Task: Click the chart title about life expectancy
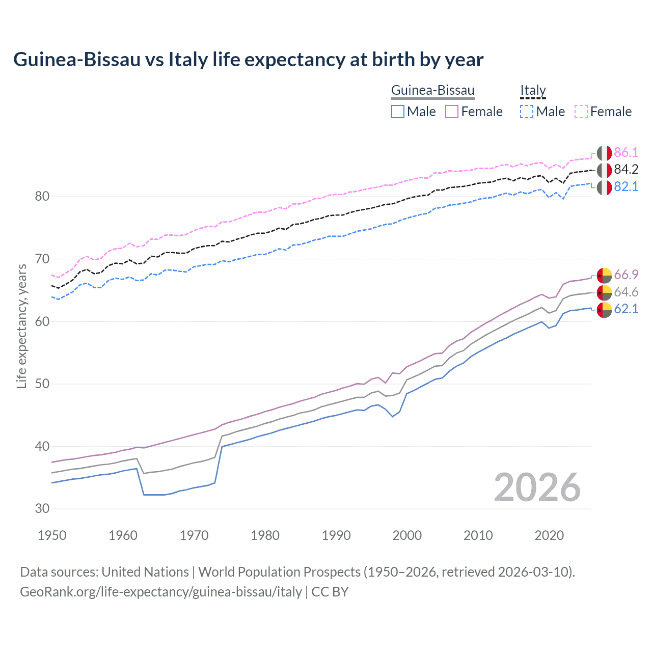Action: tap(248, 60)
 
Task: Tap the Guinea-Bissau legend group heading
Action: tap(432, 91)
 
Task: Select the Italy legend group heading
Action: tap(533, 91)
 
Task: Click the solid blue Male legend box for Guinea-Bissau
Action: tap(398, 112)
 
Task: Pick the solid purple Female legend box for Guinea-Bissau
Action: tap(452, 112)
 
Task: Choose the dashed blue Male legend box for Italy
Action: tap(527, 112)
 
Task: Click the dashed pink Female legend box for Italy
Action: tap(581, 112)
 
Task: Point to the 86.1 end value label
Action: tap(626, 152)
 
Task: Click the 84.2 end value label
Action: tap(626, 170)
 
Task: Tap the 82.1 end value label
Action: tap(626, 187)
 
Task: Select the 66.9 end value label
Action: tap(626, 275)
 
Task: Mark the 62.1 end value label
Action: tap(626, 309)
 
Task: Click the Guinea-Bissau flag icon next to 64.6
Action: tap(604, 292)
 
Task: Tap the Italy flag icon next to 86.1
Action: tap(604, 153)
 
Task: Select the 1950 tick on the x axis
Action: tap(52, 535)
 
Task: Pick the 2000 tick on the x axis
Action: tap(407, 535)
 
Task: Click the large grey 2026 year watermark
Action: tap(537, 488)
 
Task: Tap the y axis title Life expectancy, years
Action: tap(22, 327)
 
